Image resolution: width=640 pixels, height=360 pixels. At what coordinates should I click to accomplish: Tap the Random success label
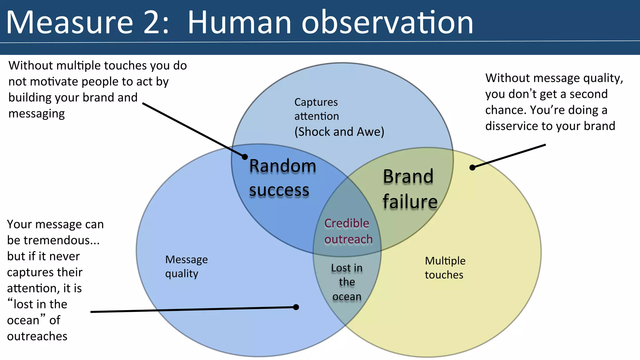(x=282, y=177)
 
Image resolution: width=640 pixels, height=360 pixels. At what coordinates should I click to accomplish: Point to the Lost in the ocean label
(x=347, y=282)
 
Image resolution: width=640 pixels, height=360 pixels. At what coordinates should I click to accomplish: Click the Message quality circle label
(x=186, y=266)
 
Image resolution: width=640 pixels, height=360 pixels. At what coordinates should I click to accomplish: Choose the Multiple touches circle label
(x=445, y=267)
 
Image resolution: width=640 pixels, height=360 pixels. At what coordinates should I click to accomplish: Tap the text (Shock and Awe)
(x=339, y=132)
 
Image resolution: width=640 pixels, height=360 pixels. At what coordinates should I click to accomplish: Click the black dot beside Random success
(x=245, y=157)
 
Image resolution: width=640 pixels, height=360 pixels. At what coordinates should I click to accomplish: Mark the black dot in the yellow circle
(x=472, y=167)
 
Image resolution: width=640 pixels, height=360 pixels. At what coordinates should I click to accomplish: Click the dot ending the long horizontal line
(x=296, y=307)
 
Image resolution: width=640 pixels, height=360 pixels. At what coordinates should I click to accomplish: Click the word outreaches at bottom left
(x=37, y=336)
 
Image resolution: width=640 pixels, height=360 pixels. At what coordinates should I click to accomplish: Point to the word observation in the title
(x=387, y=22)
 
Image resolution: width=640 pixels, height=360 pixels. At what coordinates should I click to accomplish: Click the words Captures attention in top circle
(x=316, y=109)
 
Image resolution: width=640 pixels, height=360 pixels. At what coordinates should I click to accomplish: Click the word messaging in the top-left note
(x=37, y=114)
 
